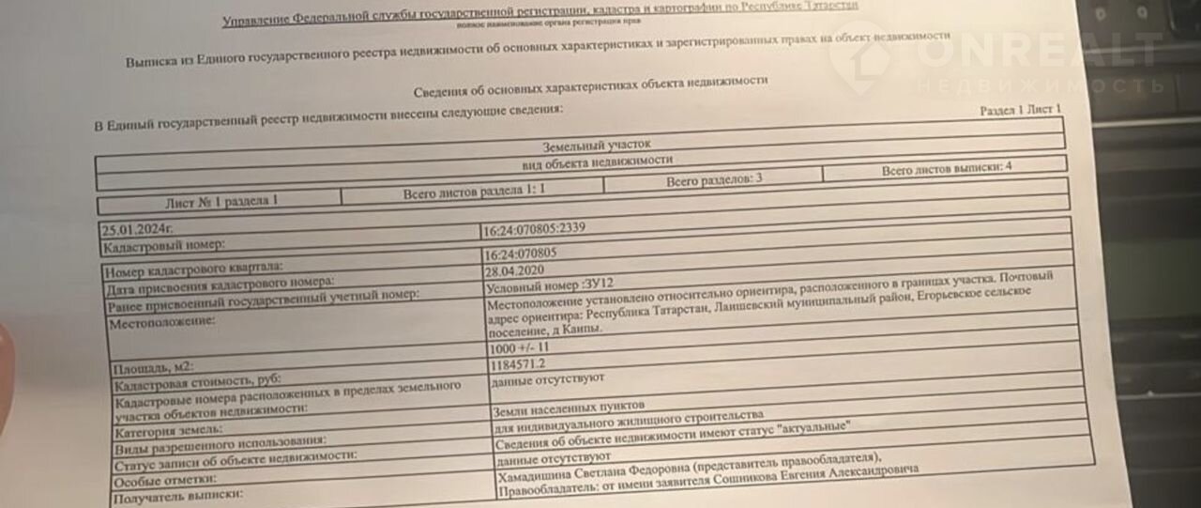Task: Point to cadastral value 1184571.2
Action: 517,364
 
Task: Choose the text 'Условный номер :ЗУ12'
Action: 548,282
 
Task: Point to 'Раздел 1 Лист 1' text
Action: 1021,110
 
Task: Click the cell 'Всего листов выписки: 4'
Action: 946,170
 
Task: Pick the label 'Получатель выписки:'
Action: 177,495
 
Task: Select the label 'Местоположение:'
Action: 162,323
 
